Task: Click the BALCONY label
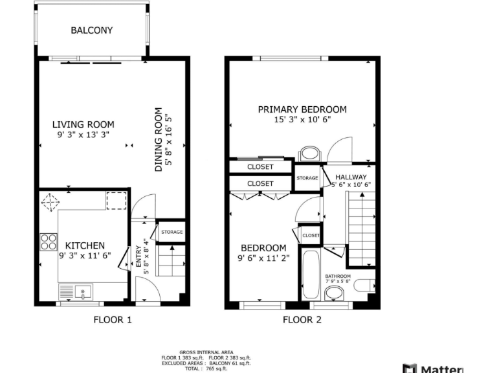point(91,30)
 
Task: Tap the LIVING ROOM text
point(83,124)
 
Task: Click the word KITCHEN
point(85,245)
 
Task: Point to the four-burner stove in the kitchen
point(49,242)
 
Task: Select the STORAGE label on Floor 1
point(171,232)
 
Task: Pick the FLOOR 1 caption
point(113,319)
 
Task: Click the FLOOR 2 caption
point(302,319)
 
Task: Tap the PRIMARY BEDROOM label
point(302,109)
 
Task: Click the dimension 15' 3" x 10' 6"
point(302,119)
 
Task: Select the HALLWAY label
point(351,177)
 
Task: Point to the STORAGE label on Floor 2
point(307,178)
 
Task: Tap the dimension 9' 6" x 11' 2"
point(263,258)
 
